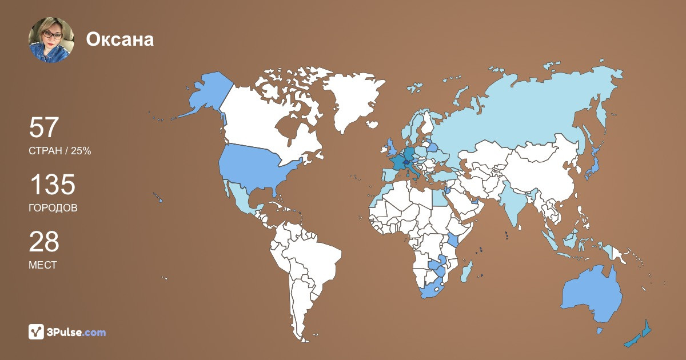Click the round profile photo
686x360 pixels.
(51, 39)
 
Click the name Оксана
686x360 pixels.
(120, 39)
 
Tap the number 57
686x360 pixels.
(44, 128)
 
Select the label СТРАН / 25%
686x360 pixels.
(60, 151)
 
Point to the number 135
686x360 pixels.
(52, 185)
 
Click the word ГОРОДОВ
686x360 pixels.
(53, 208)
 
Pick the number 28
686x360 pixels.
(44, 242)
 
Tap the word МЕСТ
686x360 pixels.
(42, 265)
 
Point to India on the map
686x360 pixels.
(517, 206)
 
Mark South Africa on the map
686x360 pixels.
(435, 289)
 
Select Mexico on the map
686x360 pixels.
(241, 200)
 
